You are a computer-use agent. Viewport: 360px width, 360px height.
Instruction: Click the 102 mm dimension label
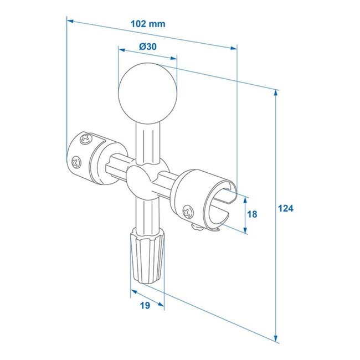click(x=148, y=24)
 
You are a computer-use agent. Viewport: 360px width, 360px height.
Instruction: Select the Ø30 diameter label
click(x=147, y=47)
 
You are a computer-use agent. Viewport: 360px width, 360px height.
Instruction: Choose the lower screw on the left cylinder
click(x=75, y=162)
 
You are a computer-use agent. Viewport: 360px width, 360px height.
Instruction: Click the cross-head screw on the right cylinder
click(x=188, y=210)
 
